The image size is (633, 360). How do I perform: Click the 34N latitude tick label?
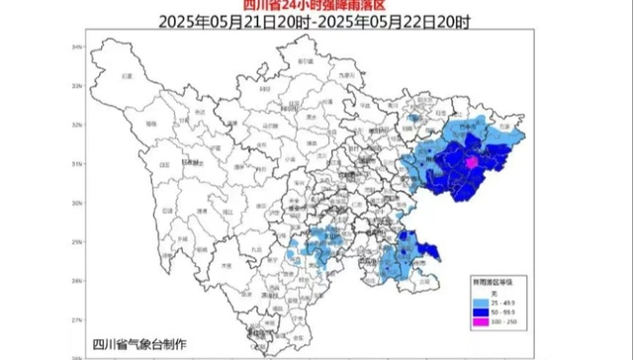(x=76, y=46)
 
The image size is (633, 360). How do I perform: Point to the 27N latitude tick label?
(x=76, y=321)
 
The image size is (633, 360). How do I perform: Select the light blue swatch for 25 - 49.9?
(x=477, y=300)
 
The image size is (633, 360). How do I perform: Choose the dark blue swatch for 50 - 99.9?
(x=477, y=310)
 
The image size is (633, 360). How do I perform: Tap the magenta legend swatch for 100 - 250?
(x=477, y=319)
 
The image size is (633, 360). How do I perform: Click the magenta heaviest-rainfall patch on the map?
(x=473, y=161)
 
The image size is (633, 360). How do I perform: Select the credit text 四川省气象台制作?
(x=135, y=341)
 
